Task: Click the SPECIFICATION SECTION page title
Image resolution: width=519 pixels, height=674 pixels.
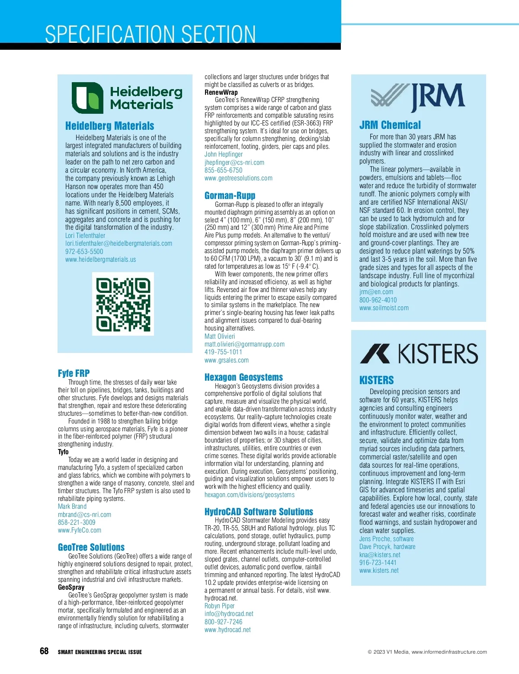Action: click(x=151, y=34)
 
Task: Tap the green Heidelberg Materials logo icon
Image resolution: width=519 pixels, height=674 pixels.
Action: click(x=87, y=98)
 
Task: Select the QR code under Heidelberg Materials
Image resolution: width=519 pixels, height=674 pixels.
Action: click(x=123, y=304)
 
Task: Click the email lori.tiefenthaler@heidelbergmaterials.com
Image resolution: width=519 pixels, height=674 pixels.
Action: click(x=119, y=244)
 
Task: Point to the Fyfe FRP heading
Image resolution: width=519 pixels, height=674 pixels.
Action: click(x=74, y=373)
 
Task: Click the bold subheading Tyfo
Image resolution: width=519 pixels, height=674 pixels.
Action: click(x=63, y=452)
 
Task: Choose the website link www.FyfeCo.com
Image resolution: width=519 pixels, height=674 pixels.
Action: click(x=80, y=530)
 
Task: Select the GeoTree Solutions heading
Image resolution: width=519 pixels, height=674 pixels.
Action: click(x=91, y=547)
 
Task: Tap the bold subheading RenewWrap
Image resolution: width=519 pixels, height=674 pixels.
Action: click(x=221, y=92)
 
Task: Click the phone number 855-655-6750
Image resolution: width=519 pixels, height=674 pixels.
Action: click(x=223, y=170)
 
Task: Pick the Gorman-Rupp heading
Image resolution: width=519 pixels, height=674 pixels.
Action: click(x=230, y=196)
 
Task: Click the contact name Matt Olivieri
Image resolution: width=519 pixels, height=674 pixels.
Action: click(x=220, y=336)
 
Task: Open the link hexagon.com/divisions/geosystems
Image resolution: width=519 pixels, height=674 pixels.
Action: click(x=250, y=494)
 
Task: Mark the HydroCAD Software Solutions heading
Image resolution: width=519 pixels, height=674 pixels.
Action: click(x=259, y=512)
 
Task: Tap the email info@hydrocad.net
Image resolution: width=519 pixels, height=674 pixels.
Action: click(x=229, y=614)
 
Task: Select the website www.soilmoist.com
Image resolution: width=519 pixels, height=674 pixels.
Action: click(x=384, y=308)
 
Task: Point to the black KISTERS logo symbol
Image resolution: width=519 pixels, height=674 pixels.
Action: click(x=375, y=353)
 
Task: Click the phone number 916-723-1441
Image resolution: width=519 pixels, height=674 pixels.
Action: click(x=378, y=563)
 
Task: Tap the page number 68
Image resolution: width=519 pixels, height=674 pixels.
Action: click(x=44, y=651)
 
